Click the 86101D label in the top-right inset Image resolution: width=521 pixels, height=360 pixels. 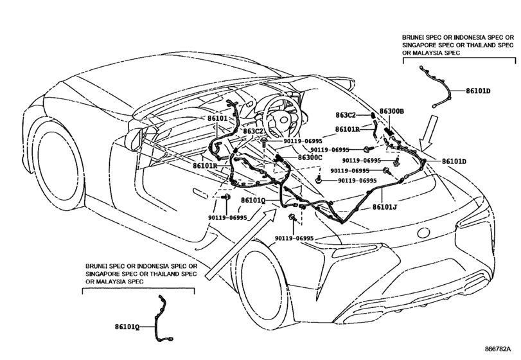coord(477,91)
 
